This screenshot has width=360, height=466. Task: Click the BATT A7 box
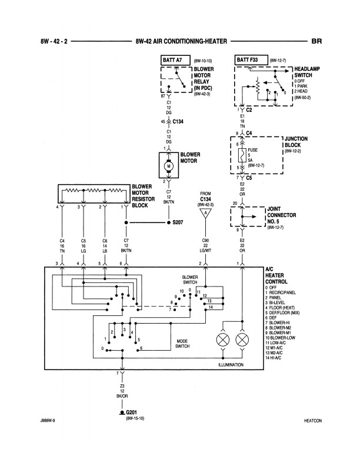[x=174, y=60]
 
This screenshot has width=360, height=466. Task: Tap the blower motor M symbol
[x=169, y=165]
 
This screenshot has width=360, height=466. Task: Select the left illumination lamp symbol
[x=222, y=341]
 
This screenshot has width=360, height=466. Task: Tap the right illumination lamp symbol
[x=241, y=341]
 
